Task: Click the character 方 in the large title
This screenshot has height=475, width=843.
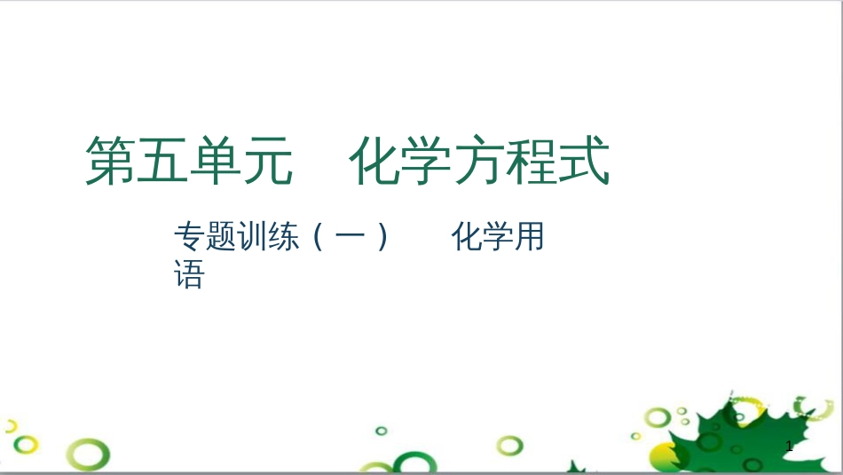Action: click(x=479, y=161)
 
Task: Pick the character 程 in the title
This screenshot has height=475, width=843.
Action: click(x=532, y=161)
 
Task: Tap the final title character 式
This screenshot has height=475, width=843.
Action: click(x=584, y=161)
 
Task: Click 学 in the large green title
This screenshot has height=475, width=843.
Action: click(x=427, y=161)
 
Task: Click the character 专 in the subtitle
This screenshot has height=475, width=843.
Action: click(x=190, y=237)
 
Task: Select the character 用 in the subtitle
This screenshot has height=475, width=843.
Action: click(x=530, y=237)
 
